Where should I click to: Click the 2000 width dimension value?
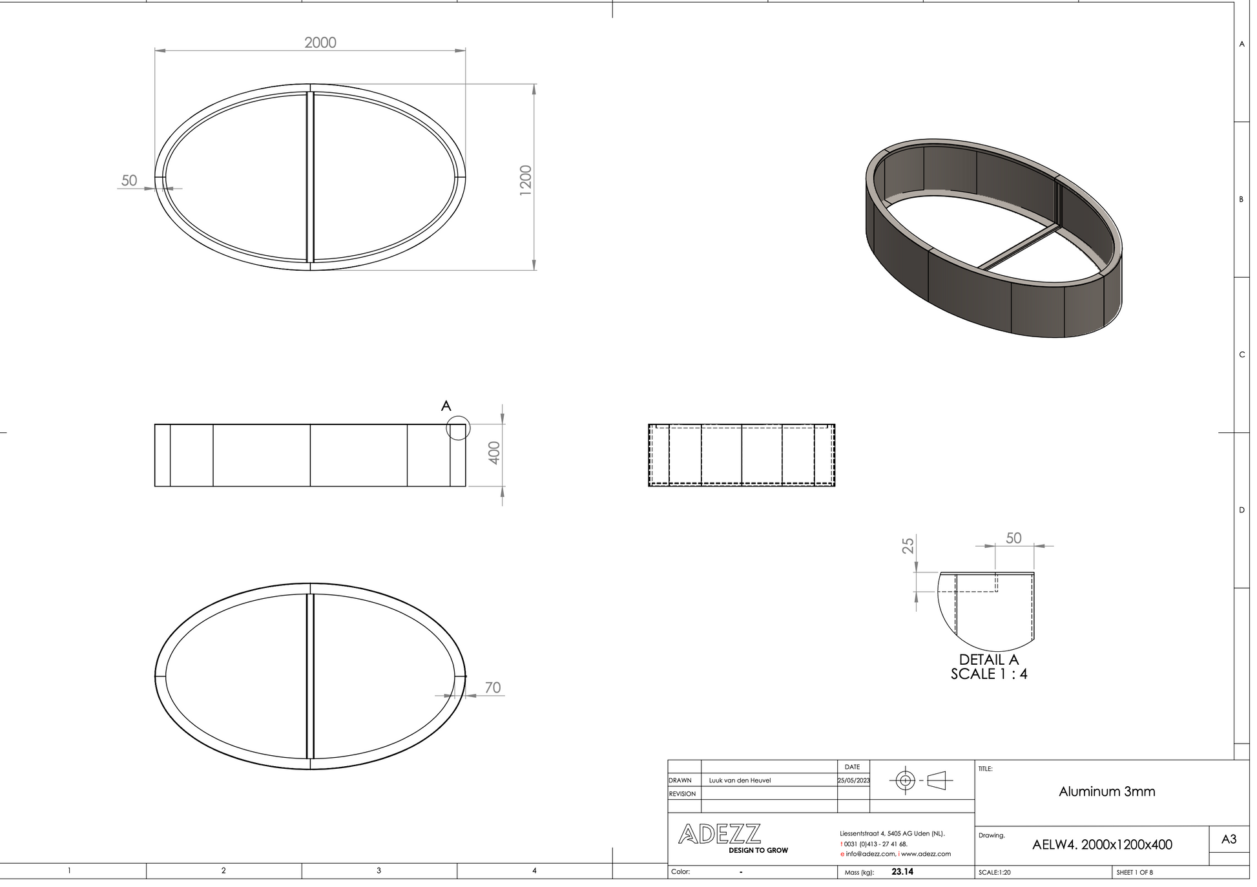(320, 43)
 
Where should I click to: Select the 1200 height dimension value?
(526, 180)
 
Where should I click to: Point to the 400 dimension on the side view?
(494, 452)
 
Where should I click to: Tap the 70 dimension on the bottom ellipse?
(493, 687)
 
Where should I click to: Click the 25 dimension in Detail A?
(908, 545)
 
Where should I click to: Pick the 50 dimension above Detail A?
(1013, 538)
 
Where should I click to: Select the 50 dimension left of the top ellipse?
(129, 180)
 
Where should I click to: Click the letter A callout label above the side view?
(446, 406)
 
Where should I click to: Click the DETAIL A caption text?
(989, 660)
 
